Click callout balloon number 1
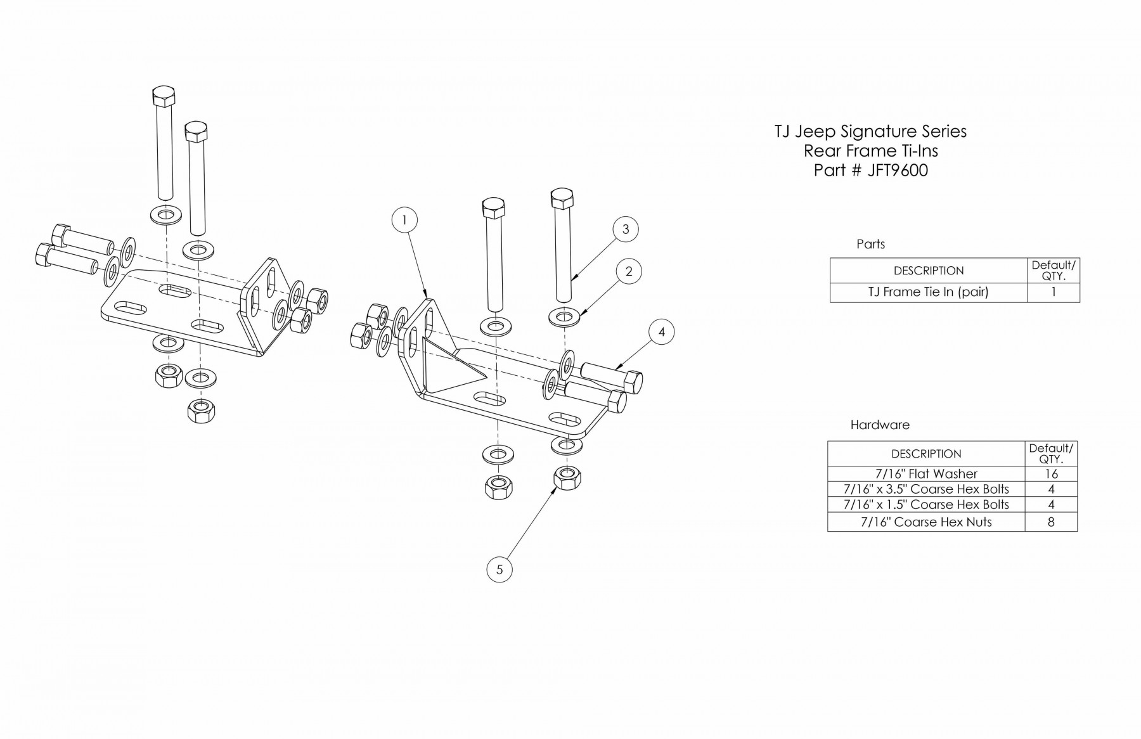point(405,220)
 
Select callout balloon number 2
point(628,271)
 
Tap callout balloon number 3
point(625,229)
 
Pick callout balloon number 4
point(661,331)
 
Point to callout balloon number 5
point(500,569)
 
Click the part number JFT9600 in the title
point(897,170)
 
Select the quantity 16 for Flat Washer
point(1050,473)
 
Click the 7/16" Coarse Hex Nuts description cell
point(925,522)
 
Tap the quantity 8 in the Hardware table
point(1050,522)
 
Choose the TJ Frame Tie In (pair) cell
point(928,292)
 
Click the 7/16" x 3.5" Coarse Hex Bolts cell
point(925,489)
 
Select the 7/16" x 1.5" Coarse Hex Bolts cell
point(925,504)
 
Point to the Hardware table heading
point(879,425)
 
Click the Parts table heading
point(870,244)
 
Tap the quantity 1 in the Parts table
point(1053,292)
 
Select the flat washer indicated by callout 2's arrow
point(564,315)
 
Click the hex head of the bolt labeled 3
point(562,197)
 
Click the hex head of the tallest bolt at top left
point(165,98)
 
